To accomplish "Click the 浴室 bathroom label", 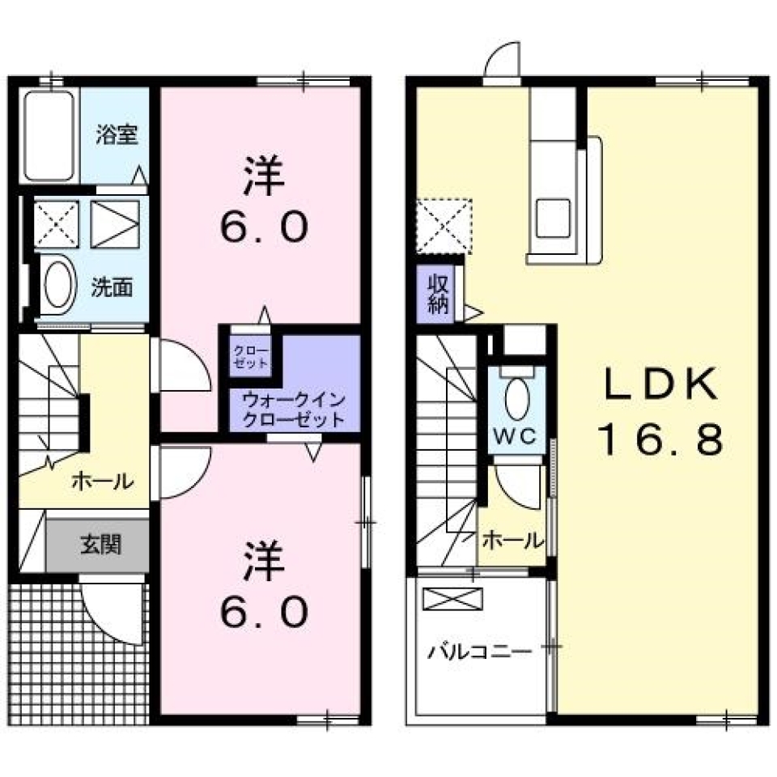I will pos(116,134).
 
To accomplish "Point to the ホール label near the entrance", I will pos(102,482).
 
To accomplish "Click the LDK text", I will pos(659,386).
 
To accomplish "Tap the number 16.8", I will pos(659,440).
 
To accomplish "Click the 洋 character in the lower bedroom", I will pos(262,562).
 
